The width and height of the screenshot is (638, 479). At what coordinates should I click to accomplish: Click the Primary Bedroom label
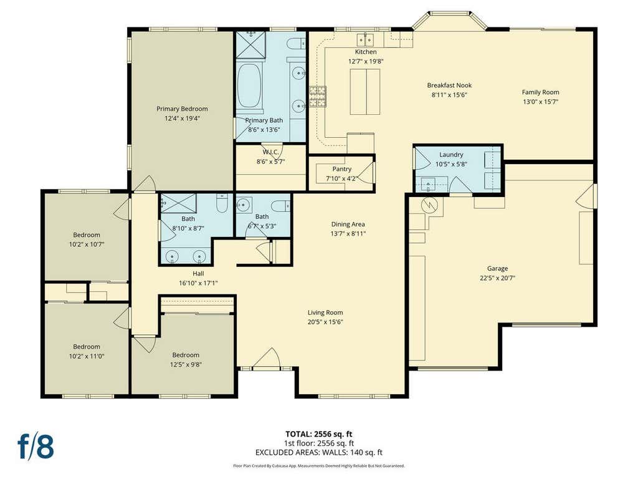point(182,109)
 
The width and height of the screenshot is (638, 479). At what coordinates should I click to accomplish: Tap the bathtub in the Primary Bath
point(249,86)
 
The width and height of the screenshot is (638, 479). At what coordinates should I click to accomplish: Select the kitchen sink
point(365,40)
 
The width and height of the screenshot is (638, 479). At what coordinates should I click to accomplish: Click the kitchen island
point(365,92)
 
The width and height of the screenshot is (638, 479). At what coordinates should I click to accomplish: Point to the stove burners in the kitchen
point(317,97)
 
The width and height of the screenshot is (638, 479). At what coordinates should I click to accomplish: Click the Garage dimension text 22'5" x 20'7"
point(497,278)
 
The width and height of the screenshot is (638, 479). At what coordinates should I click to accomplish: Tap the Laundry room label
point(451,155)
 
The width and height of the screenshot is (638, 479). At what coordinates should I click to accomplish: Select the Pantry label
point(342,168)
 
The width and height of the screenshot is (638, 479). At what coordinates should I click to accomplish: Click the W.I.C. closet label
point(270,152)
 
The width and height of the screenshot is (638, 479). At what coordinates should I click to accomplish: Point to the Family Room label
point(540,92)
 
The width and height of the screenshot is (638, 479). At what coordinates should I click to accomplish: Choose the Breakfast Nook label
point(449,85)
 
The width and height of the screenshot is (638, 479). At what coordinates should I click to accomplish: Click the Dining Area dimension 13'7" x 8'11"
point(348,234)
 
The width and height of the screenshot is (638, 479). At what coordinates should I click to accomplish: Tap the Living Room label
point(325,312)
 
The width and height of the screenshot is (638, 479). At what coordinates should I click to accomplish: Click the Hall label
point(198,274)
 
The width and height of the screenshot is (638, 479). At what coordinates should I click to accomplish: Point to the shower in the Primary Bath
point(251,45)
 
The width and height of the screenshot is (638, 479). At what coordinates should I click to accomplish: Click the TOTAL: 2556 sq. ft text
point(318,434)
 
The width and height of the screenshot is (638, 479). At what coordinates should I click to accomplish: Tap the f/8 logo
point(36,447)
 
